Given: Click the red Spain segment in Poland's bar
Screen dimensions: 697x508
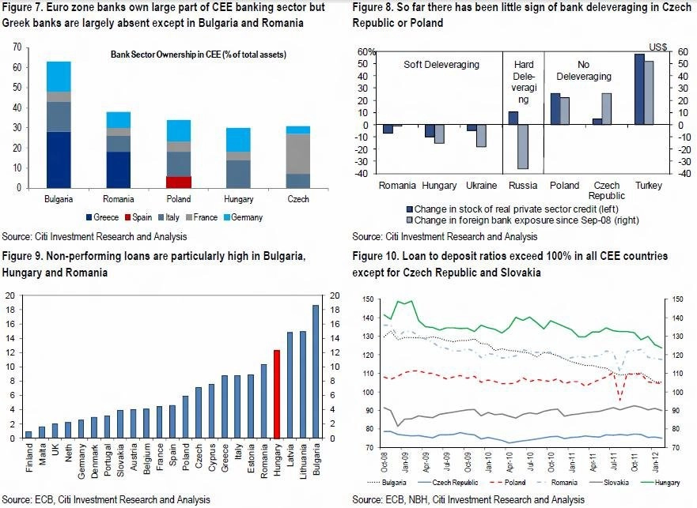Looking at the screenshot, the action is (179, 182).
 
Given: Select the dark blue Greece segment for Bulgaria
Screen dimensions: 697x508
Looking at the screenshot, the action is (59, 160).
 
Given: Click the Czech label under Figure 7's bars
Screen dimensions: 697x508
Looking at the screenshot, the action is (297, 199).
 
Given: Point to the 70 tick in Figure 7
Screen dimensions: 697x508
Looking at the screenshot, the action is (17, 47).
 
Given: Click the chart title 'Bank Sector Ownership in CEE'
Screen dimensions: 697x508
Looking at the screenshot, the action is (199, 55).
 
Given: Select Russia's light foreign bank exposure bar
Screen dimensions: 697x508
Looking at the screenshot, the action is (523, 146).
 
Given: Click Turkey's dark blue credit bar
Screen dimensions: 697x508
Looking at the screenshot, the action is (639, 89).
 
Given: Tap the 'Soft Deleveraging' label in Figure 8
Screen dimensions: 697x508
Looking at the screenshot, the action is (441, 65).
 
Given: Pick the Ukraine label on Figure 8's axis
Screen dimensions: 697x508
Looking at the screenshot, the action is (481, 186).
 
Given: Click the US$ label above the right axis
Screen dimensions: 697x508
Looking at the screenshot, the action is (658, 47).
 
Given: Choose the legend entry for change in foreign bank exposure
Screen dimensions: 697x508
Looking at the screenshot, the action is (522, 220).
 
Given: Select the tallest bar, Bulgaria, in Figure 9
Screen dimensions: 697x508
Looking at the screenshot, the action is (316, 371).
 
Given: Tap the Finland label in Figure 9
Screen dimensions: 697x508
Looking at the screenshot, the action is (29, 457).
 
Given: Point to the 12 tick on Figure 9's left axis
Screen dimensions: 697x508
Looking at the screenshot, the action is (9, 352).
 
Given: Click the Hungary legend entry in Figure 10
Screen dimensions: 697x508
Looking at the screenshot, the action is (661, 483).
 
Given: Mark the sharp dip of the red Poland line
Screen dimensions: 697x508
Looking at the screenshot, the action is (619, 400).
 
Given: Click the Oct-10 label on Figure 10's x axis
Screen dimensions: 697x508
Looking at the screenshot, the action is (551, 462).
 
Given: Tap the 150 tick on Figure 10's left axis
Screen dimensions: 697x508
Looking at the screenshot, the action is (368, 299).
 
